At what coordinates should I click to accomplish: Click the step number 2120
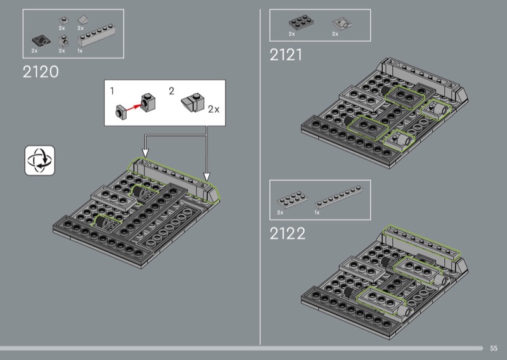point(41,72)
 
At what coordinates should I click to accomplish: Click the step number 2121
point(286,55)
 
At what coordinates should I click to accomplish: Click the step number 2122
point(288,233)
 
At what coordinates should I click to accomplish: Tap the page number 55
point(494,348)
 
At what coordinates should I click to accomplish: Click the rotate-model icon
point(40,160)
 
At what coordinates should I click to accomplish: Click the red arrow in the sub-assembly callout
point(134,107)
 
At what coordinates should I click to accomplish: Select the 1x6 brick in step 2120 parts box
point(96,35)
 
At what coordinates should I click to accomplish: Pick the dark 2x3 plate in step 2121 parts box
point(300,22)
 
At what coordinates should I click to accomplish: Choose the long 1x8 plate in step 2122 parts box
point(338,196)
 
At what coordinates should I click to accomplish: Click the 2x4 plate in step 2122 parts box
point(292,200)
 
